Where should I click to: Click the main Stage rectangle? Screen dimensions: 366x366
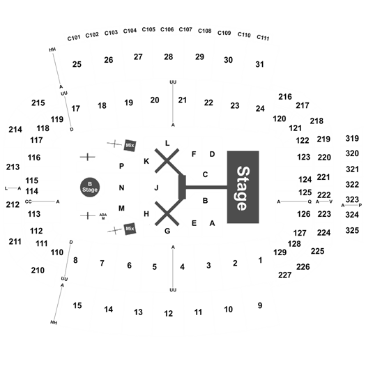(243, 187)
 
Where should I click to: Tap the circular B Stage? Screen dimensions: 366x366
(90, 188)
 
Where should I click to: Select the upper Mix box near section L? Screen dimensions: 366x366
(130, 146)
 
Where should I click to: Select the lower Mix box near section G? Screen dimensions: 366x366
(130, 229)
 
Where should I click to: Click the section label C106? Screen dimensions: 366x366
(167, 29)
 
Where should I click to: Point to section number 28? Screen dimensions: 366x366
(168, 56)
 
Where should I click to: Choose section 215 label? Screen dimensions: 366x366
(38, 102)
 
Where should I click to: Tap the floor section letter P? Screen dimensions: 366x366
(121, 166)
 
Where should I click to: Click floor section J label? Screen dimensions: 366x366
(156, 188)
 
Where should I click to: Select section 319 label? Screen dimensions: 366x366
(352, 139)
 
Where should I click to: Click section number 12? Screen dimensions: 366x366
(168, 314)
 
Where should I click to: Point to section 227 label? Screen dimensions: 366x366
(284, 275)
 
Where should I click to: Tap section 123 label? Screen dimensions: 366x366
(304, 157)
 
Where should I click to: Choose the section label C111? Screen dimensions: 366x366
(263, 38)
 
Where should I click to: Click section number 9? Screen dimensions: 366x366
(260, 305)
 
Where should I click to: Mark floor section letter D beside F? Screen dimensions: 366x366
(212, 154)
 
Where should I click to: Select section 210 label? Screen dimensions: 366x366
(38, 270)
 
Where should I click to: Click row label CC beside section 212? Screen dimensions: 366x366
(28, 201)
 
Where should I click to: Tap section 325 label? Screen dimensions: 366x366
(352, 230)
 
